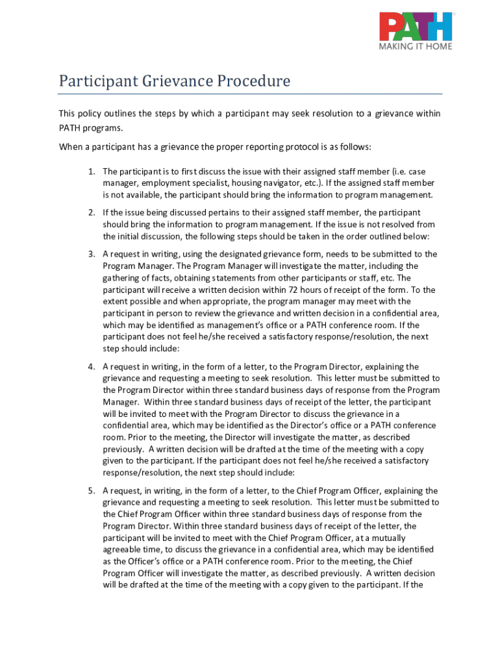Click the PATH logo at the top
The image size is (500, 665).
pyautogui.click(x=416, y=27)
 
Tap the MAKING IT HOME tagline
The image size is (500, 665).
pyautogui.click(x=416, y=46)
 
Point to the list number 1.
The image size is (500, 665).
pyautogui.click(x=92, y=171)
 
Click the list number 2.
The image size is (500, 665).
pyautogui.click(x=92, y=212)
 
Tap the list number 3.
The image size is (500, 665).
pyautogui.click(x=92, y=254)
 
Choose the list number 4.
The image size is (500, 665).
pyautogui.click(x=92, y=367)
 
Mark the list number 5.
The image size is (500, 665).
pyautogui.click(x=92, y=490)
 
